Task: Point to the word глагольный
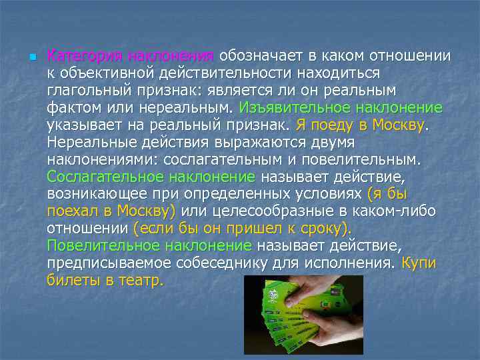point(87,89)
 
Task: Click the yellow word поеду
point(329,124)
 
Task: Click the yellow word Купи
point(419,263)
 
